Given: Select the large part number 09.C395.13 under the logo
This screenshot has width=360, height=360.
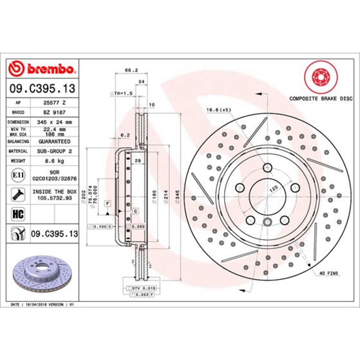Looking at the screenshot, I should point(42,89).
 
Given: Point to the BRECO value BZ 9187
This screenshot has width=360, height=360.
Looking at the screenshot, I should point(54,112).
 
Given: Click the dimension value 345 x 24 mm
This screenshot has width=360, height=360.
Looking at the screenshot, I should point(54,122).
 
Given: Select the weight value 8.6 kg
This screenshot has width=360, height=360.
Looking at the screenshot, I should point(54,161).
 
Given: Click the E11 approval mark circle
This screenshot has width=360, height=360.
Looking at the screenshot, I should point(18,174).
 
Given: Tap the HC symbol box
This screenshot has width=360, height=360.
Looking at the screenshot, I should point(18,214).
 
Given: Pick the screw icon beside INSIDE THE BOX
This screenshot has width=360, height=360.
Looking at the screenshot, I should point(18,195).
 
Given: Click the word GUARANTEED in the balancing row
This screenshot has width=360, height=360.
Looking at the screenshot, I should point(54,141).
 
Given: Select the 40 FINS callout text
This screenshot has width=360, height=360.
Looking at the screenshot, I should point(328,273).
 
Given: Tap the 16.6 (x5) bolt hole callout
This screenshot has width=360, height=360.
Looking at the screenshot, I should point(219,110).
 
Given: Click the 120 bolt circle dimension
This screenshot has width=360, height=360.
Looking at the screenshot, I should point(273,188).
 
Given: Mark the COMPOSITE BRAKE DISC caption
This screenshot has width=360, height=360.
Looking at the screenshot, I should point(321,98).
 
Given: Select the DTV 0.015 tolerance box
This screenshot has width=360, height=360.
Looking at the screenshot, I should point(143,288).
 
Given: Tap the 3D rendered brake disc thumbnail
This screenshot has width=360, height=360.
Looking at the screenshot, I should point(42,273).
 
